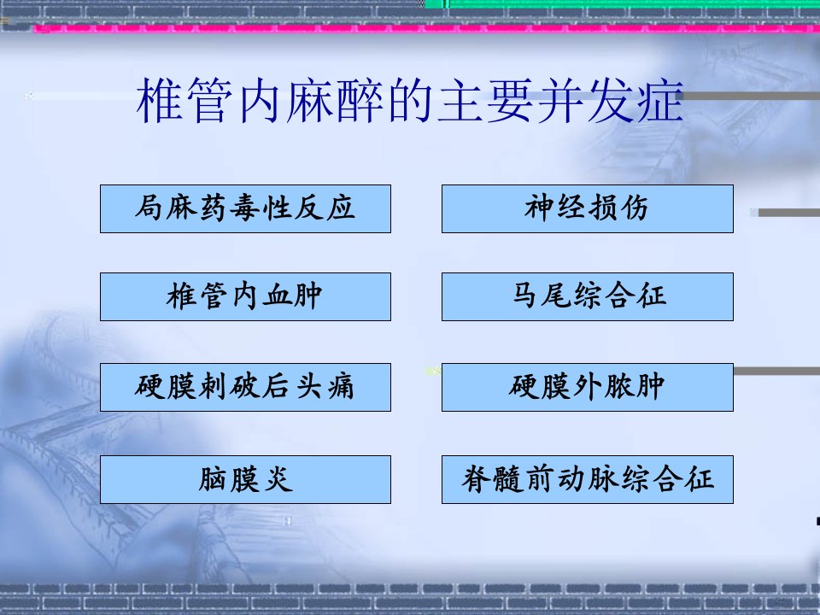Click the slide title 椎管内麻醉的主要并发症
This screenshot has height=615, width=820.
(410, 100)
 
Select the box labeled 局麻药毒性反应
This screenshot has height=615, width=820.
(245, 208)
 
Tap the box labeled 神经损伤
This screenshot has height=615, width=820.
(588, 208)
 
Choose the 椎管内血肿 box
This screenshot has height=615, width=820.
(245, 296)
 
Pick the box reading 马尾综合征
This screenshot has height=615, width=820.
(588, 296)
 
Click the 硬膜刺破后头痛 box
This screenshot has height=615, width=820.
(245, 387)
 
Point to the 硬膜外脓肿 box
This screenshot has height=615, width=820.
(588, 387)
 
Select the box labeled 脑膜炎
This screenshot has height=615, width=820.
(245, 479)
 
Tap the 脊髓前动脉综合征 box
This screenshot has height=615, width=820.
(588, 479)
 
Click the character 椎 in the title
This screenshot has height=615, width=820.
(159, 100)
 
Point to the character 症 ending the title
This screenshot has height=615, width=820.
(661, 100)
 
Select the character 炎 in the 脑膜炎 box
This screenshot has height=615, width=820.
(278, 479)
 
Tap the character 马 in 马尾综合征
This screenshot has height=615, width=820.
(524, 296)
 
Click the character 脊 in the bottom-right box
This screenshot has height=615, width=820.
(475, 479)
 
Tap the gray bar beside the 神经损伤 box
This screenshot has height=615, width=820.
(788, 213)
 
